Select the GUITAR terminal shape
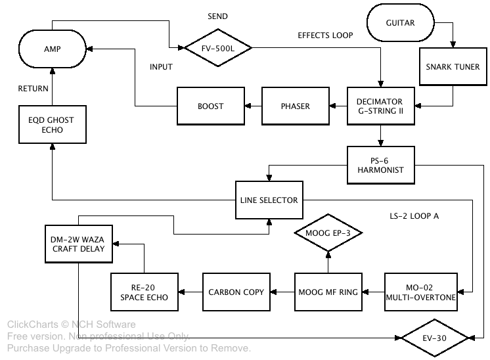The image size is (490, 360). (400, 24)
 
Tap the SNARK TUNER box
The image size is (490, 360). (453, 67)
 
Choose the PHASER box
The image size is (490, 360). (296, 106)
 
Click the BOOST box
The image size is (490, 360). (210, 106)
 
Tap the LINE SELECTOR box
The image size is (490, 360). (269, 200)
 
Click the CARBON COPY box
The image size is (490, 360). (236, 292)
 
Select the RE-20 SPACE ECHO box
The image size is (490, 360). (144, 292)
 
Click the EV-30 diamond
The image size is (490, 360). (436, 338)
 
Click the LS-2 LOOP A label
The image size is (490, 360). (414, 216)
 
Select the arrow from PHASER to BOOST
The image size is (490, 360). (253, 106)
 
